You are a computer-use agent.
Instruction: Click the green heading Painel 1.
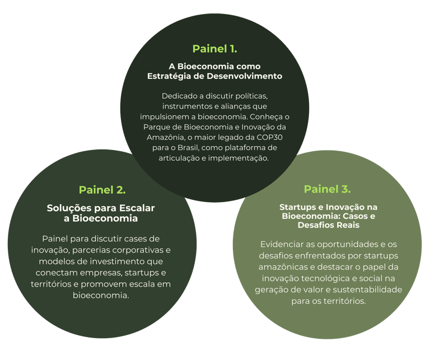coord(214,48)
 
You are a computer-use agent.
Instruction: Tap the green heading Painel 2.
coord(102,189)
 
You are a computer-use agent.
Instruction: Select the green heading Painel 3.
coord(327,189)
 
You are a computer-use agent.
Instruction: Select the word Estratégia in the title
coord(169,76)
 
